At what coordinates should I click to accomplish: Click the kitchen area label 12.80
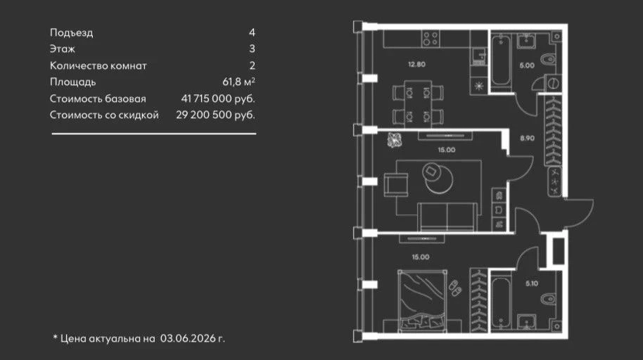[x=416, y=65]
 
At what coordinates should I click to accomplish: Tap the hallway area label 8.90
[x=527, y=139]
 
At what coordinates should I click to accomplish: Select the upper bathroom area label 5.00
[x=527, y=65]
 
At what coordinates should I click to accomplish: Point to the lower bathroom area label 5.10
[x=531, y=283]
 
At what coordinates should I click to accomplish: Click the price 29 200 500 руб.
[x=215, y=115]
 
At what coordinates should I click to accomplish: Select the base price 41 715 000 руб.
[x=218, y=98]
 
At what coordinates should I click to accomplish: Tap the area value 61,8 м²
[x=238, y=82]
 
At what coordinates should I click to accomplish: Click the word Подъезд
[x=71, y=33]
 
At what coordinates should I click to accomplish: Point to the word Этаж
[x=63, y=49]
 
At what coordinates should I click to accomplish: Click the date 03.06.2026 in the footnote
[x=187, y=338]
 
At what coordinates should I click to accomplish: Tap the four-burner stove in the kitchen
[x=430, y=39]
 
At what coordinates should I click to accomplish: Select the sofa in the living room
[x=448, y=217]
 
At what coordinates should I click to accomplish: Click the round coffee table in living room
[x=439, y=179]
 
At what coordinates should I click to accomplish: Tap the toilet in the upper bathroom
[x=548, y=58]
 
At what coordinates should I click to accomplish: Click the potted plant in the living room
[x=395, y=140]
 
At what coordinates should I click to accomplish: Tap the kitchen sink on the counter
[x=478, y=56]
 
